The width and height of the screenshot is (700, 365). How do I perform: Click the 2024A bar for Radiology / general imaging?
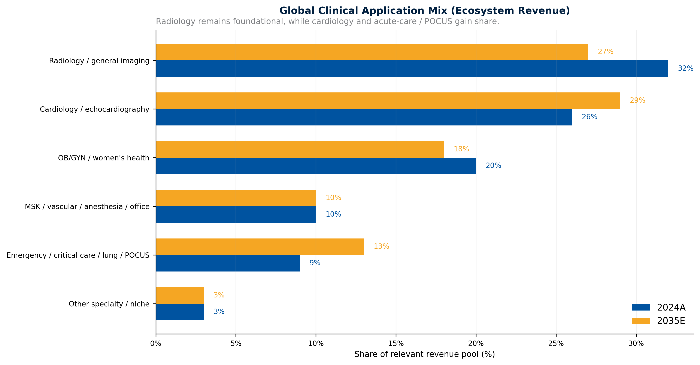pos(412,69)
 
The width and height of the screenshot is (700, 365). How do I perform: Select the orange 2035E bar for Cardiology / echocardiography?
pos(388,101)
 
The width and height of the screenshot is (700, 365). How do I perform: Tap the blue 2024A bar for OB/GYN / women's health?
pos(316,166)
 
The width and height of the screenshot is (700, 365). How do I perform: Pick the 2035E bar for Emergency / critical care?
pos(260,247)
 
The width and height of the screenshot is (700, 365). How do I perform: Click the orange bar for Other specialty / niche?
pos(180,295)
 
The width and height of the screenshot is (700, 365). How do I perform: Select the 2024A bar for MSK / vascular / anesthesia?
pos(236,214)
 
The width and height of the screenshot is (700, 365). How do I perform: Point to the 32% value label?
pos(685,69)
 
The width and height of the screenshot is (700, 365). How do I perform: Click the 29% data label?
pos(637,100)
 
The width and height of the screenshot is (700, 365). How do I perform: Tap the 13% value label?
pos(381,247)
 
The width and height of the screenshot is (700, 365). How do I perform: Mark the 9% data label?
pos(315,263)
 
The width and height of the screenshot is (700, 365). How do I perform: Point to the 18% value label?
pos(461,149)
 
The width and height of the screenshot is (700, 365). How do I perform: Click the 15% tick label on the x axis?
pos(396,344)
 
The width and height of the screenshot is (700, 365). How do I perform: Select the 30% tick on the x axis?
pos(636,344)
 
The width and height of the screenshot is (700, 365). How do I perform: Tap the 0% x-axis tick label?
pos(156,344)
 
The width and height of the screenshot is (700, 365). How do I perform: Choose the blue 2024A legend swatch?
pos(641,308)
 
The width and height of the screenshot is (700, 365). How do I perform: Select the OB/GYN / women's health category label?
pos(103,158)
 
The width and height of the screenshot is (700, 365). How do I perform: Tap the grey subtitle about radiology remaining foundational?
pos(327,21)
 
